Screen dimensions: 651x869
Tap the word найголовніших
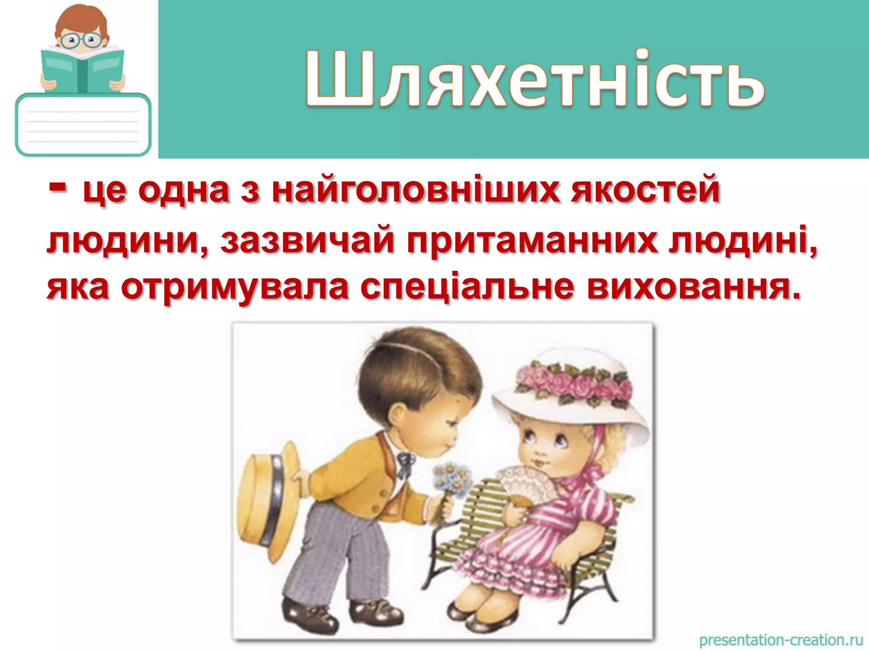pyautogui.click(x=416, y=191)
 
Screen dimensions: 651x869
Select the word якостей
pyautogui.click(x=645, y=191)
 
